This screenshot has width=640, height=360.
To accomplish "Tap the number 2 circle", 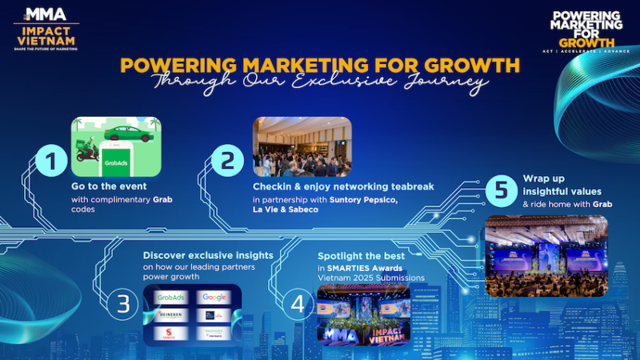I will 226,160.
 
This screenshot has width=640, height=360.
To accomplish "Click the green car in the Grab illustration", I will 132,134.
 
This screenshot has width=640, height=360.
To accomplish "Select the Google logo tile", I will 214,297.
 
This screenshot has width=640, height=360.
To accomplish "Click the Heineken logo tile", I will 171,315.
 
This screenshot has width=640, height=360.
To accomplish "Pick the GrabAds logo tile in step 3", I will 171,297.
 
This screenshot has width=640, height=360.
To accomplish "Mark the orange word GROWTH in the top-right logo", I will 587,42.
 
